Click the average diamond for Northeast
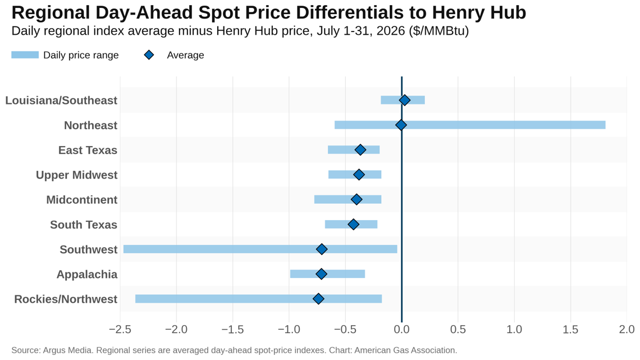pyautogui.click(x=401, y=125)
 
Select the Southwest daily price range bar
pyautogui.click(x=260, y=249)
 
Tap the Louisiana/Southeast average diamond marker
pyautogui.click(x=404, y=100)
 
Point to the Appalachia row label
pyautogui.click(x=87, y=274)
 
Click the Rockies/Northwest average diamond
pyautogui.click(x=318, y=299)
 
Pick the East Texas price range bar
pyautogui.click(x=354, y=150)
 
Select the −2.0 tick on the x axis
pyautogui.click(x=176, y=329)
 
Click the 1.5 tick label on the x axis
pyautogui.click(x=570, y=329)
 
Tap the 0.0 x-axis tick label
pyautogui.click(x=401, y=329)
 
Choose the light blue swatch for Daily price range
pyautogui.click(x=25, y=55)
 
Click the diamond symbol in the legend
pyautogui.click(x=149, y=55)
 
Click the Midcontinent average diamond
pyautogui.click(x=356, y=199)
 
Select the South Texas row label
pyautogui.click(x=84, y=225)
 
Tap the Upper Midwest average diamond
pyautogui.click(x=359, y=175)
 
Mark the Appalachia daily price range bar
pyautogui.click(x=327, y=274)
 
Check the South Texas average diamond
pyautogui.click(x=354, y=225)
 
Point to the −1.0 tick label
pyautogui.click(x=289, y=329)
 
